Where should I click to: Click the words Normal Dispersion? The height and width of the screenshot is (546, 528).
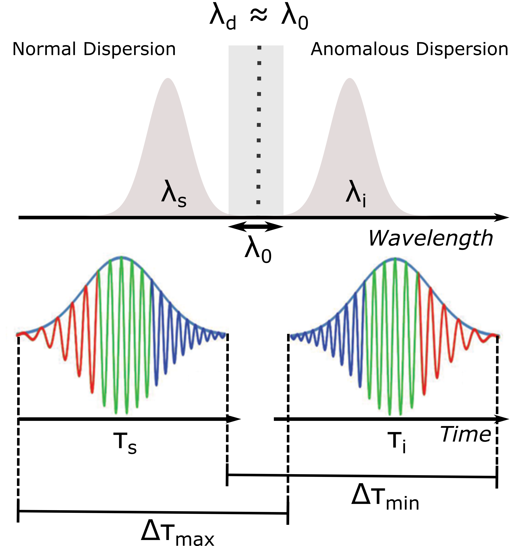(94, 49)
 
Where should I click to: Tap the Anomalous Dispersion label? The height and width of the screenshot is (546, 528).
(409, 49)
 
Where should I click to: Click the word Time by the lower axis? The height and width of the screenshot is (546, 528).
(466, 434)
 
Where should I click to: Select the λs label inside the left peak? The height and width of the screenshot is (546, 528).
(174, 195)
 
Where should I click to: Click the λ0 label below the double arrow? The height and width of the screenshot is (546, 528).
(258, 249)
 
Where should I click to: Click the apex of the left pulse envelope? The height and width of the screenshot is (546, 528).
(122, 257)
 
